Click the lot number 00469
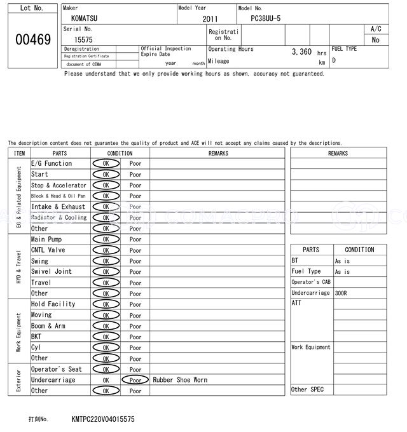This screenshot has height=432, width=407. [32, 40]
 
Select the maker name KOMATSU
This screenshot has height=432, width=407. [85, 18]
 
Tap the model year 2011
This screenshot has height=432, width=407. [210, 19]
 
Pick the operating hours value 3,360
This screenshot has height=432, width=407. [301, 52]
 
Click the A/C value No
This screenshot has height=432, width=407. [375, 39]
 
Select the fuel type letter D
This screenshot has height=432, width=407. [334, 60]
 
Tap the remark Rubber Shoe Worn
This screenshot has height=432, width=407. [180, 380]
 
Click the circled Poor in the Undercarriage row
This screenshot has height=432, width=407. [135, 380]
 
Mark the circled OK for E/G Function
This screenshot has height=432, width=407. [106, 163]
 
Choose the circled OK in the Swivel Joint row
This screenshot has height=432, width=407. [106, 272]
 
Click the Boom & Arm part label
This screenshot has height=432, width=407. [48, 326]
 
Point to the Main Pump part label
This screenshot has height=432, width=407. [46, 240]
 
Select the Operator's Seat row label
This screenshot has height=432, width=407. [57, 369]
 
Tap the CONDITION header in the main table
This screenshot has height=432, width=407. [120, 153]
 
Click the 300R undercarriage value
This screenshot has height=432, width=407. [342, 293]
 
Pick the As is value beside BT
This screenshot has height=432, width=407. [342, 261]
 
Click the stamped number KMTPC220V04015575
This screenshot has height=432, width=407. [103, 419]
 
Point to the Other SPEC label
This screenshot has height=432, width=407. [307, 389]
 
